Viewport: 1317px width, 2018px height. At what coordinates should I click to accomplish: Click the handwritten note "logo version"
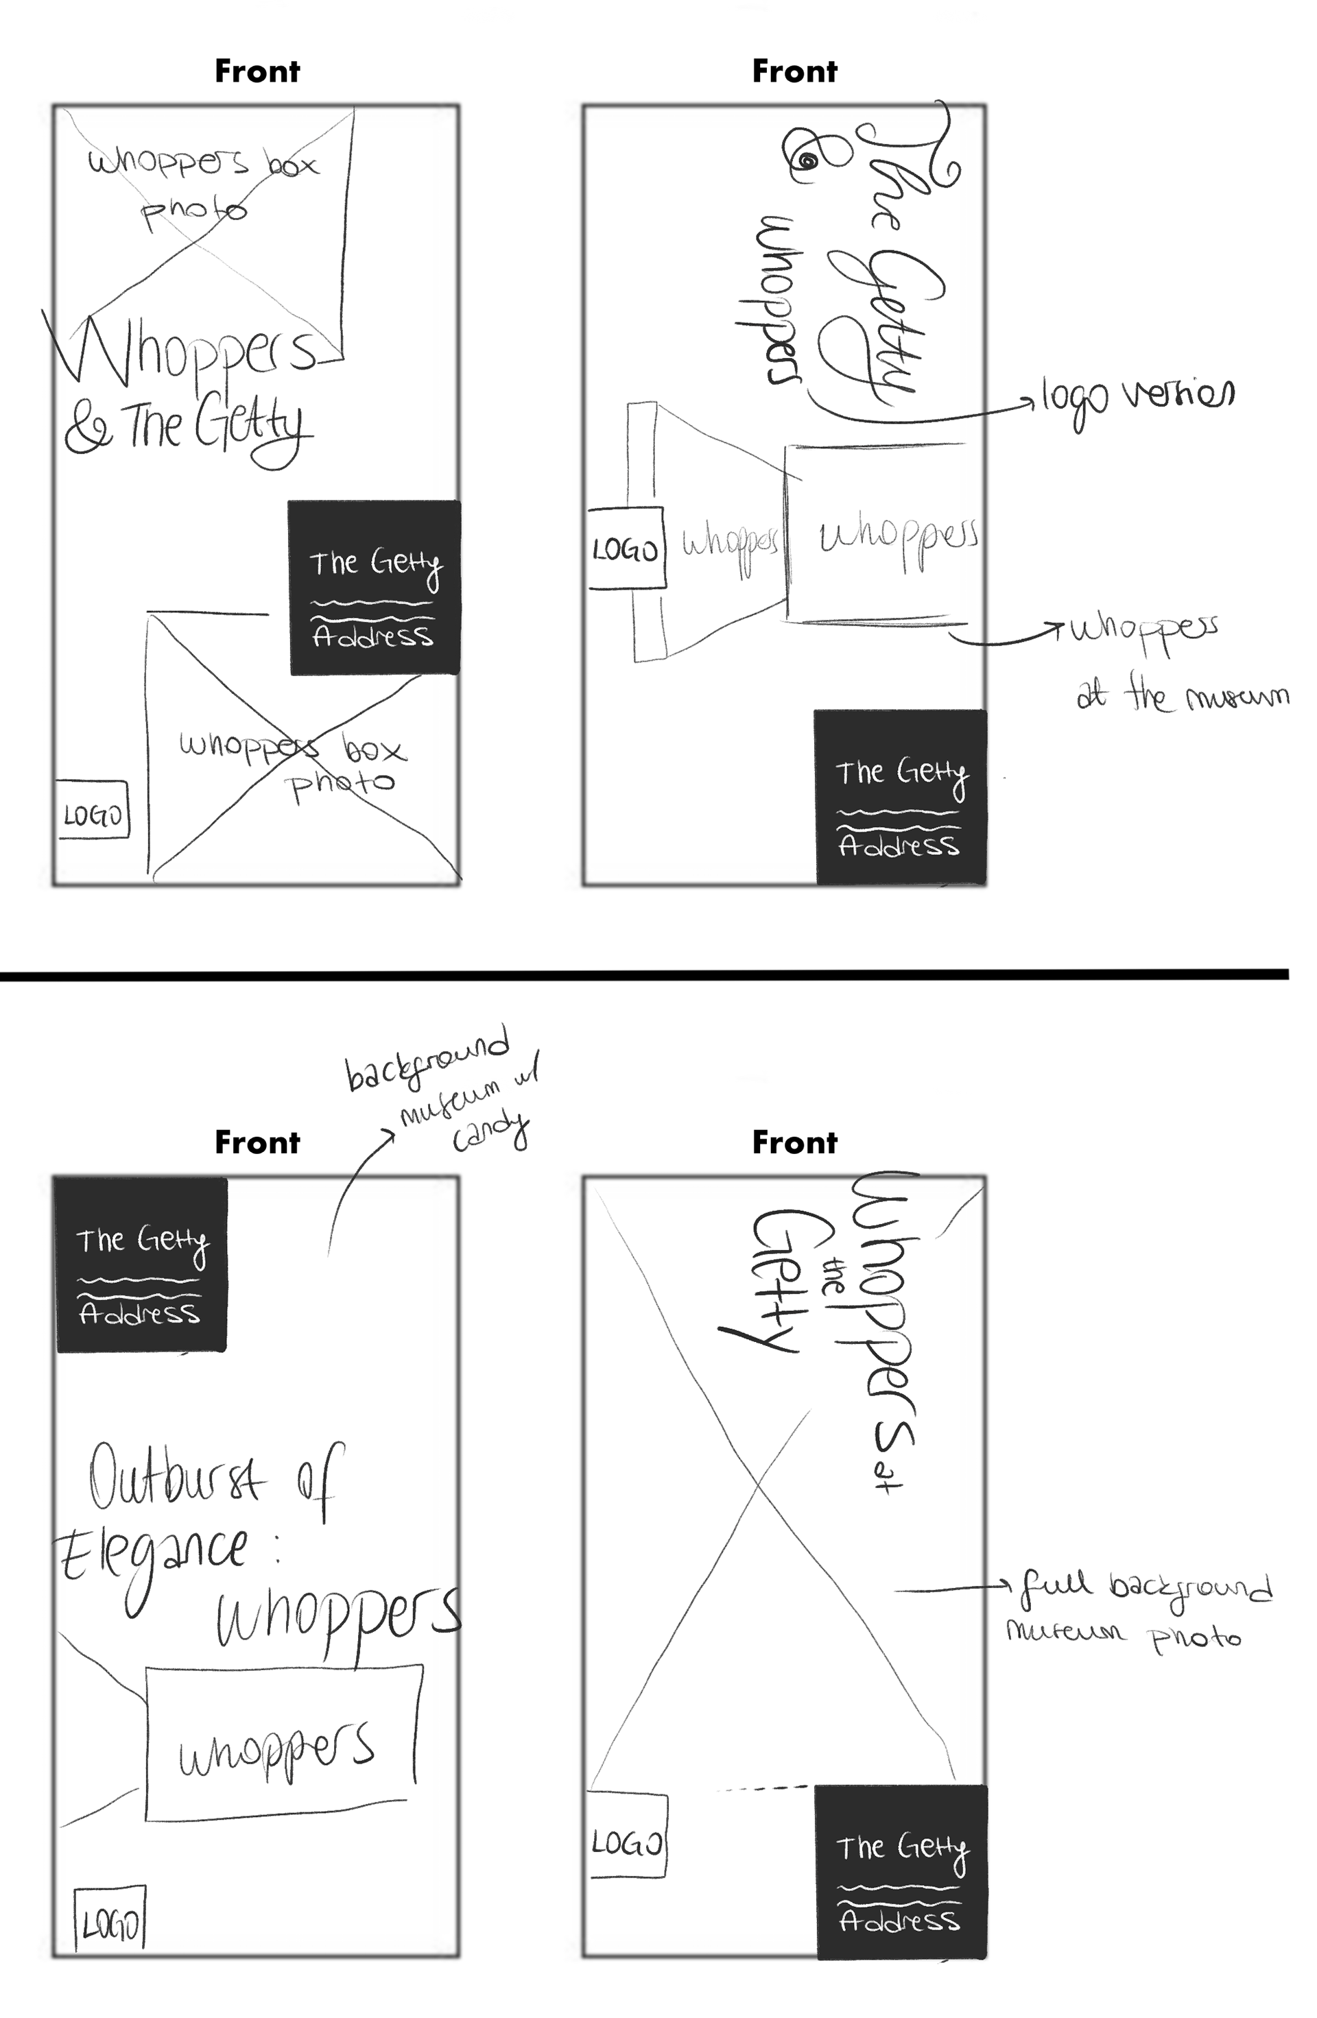(1137, 397)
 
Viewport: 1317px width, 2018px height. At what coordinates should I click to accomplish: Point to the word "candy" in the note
(490, 1132)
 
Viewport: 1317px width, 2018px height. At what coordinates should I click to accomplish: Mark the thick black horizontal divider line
(645, 976)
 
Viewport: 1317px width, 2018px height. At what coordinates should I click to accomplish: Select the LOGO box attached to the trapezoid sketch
(626, 549)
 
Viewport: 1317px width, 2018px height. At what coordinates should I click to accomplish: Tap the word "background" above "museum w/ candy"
(428, 1060)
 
